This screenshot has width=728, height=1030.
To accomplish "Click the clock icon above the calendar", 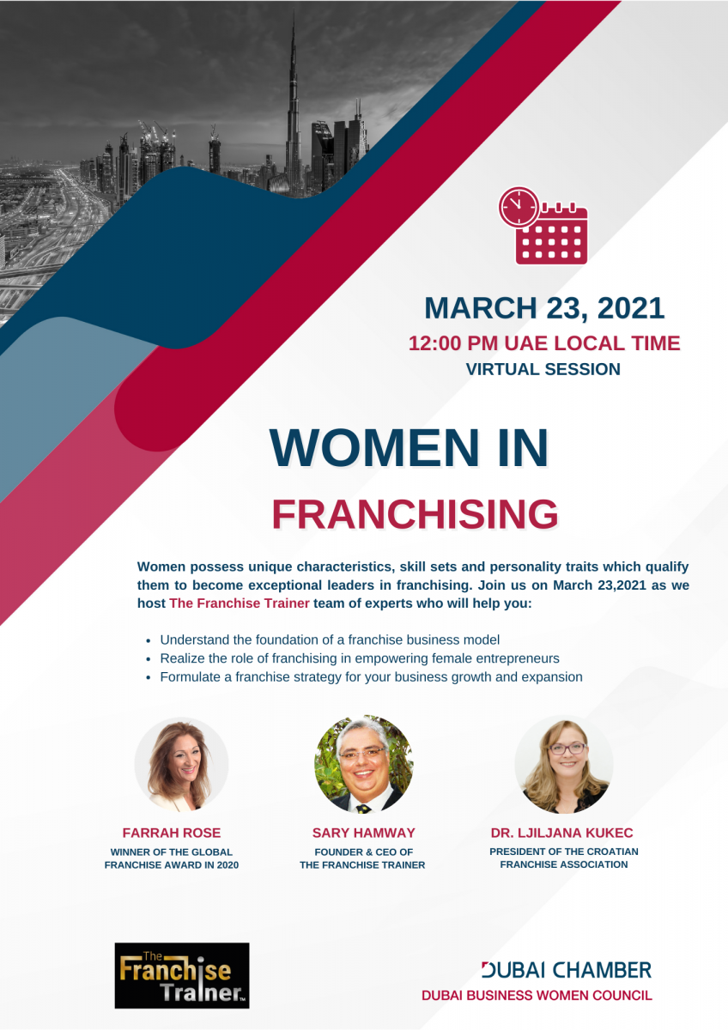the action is pos(519,207).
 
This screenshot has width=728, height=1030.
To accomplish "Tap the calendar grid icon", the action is pos(552,234).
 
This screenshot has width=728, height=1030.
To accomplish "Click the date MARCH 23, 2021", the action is pos(544,307).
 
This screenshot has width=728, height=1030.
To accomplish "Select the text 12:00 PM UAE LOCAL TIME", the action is pos(544,343).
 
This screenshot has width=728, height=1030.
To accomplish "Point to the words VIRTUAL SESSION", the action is pos(543,369).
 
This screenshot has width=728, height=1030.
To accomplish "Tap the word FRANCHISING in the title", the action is pos(415,513).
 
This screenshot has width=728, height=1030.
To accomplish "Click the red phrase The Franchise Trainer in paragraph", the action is pos(240,603).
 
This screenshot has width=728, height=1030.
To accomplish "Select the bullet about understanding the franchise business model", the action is pos(330,639).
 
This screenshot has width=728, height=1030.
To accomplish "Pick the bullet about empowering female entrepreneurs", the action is pos(360,658).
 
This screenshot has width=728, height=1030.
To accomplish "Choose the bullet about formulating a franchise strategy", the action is pos(371,677).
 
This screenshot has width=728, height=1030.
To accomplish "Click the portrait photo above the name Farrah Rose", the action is pos(181,764).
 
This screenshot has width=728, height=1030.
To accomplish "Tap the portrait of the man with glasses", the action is pos(364,764).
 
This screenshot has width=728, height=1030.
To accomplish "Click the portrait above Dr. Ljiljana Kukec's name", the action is pos(564,764).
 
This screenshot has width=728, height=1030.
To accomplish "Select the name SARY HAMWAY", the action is pos(363,833).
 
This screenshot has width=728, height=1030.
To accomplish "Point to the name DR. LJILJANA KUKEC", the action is pos(561,833).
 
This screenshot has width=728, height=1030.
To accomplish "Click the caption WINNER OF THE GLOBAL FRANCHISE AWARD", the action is pos(172,858).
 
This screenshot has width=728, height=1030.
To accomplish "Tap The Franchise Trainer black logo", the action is pos(182,975).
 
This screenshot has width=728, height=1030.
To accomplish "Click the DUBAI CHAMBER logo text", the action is pos(567,970).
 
